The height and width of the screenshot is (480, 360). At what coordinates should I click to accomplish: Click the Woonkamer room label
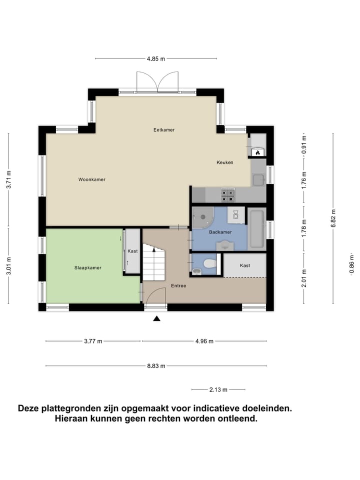[91, 179]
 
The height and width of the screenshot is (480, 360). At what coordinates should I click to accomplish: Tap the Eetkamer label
[164, 130]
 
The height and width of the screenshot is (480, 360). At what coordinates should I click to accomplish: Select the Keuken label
[224, 162]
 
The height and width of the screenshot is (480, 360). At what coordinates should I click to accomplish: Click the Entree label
[178, 286]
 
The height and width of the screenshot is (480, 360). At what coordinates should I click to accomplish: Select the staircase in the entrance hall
[154, 262]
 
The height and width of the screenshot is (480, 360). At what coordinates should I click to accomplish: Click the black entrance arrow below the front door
[156, 318]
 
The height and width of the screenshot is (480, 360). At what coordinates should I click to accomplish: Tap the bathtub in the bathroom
[256, 229]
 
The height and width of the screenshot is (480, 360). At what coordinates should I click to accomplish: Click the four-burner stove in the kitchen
[228, 194]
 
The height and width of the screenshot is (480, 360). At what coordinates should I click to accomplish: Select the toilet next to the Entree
[209, 263]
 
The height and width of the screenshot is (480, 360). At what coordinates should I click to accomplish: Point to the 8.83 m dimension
[156, 366]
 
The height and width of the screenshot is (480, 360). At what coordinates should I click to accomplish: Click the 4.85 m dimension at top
[156, 59]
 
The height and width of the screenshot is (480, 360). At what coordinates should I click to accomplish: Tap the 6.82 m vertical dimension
[333, 218]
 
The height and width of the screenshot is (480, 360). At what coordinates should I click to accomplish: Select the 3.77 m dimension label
[93, 341]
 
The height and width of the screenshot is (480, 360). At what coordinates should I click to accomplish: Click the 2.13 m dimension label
[218, 389]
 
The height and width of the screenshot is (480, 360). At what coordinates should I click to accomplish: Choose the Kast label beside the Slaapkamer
[132, 251]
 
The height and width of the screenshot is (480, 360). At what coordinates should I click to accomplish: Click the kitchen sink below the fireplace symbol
[258, 178]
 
